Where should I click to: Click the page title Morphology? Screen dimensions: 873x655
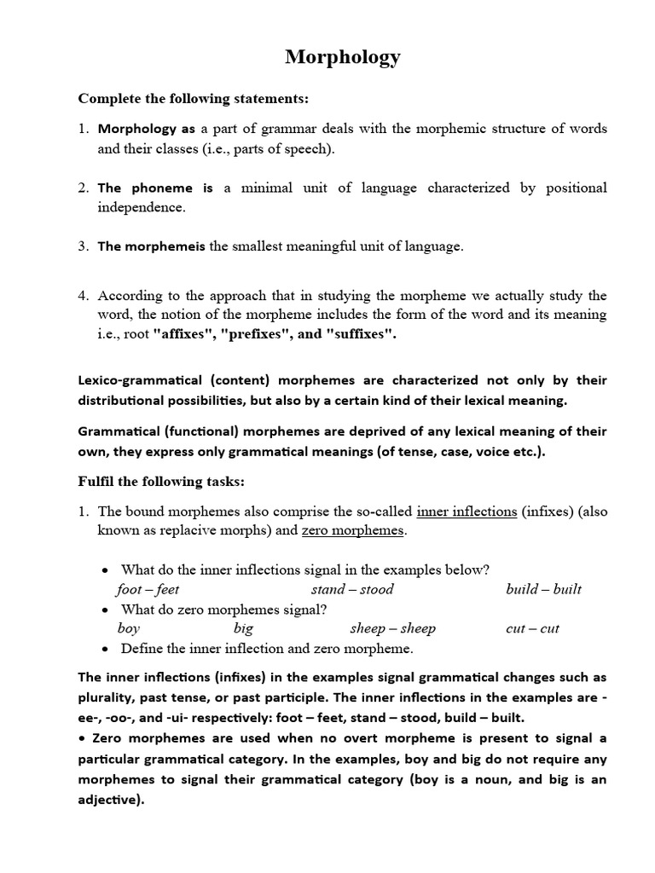(x=342, y=57)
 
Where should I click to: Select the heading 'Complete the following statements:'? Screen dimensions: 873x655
(x=193, y=99)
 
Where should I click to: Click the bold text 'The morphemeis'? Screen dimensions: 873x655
(x=151, y=246)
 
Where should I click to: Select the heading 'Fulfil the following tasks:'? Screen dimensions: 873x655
(x=161, y=482)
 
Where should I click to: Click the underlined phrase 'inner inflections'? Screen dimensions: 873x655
(x=467, y=511)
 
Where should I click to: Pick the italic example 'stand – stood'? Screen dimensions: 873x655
(x=352, y=589)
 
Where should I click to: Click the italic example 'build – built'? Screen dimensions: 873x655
(x=543, y=589)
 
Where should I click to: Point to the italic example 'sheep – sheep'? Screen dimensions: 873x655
(x=392, y=628)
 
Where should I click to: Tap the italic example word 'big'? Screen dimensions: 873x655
(x=243, y=628)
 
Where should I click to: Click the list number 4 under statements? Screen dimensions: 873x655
(x=84, y=296)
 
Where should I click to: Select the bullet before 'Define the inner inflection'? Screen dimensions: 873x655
(x=104, y=649)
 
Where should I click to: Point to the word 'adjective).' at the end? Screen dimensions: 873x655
(x=112, y=801)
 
